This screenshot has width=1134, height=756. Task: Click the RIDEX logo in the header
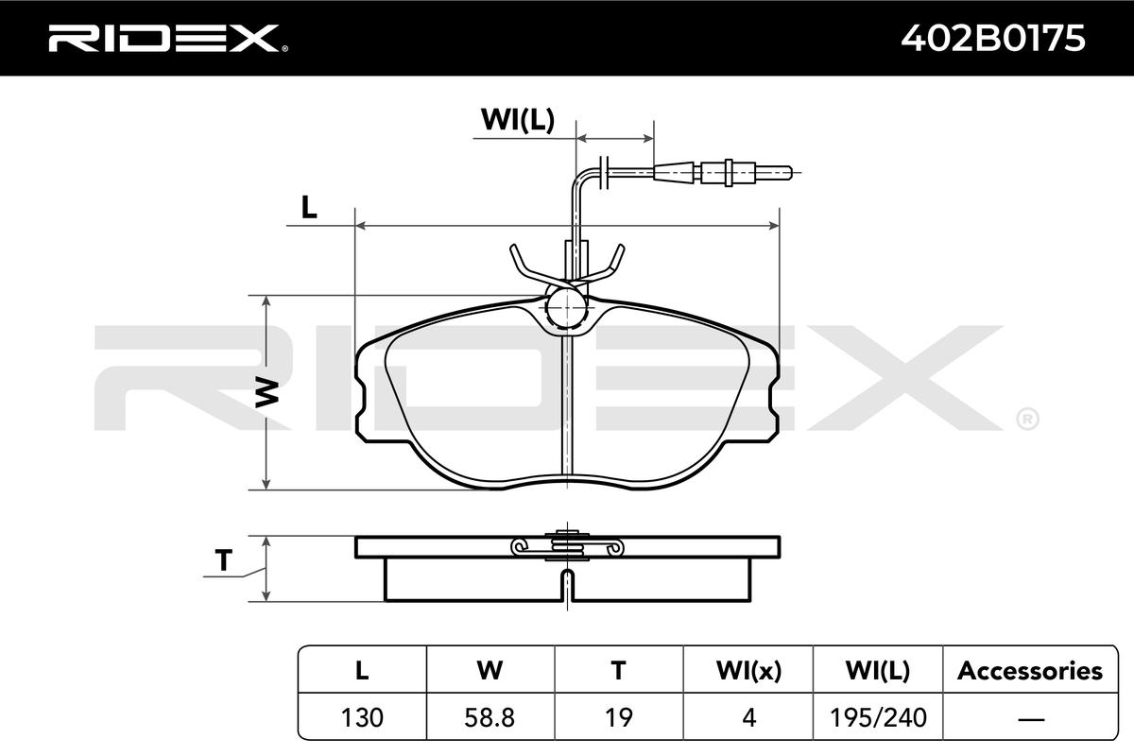coord(168,39)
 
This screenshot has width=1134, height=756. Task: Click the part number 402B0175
coord(993,39)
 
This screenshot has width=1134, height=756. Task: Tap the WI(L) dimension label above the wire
coord(518,120)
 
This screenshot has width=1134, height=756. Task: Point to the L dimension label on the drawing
coord(309,207)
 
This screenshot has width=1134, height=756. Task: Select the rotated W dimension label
coord(266,392)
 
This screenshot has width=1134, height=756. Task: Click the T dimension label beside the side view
coord(223,560)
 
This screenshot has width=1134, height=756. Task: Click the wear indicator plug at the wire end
coord(722,172)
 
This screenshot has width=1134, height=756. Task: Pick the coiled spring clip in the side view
coord(567,546)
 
